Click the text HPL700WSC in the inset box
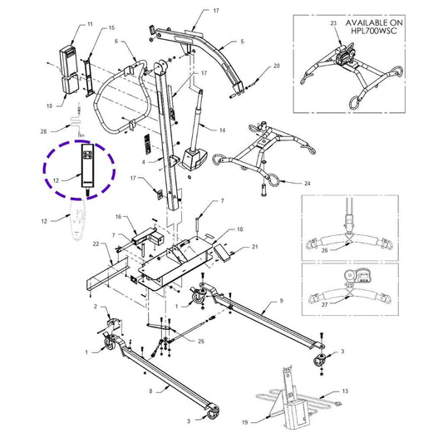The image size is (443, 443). tap(374, 31)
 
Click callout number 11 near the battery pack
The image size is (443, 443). tap(90, 24)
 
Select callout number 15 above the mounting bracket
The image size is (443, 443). tap(111, 27)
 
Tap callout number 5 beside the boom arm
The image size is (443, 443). tap(242, 42)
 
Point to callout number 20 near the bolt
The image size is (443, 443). tap(277, 66)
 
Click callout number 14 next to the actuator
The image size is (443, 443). tap(223, 130)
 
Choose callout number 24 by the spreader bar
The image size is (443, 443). tap(307, 184)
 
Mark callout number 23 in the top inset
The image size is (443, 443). tap(333, 23)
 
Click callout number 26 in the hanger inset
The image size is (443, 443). tap(325, 250)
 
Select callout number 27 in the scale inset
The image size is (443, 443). tap(325, 305)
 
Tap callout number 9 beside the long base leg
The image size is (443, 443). tap(281, 301)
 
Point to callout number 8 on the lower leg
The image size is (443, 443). tap(150, 391)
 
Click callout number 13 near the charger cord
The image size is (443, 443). tap(345, 391)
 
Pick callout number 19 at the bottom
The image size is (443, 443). tap(244, 422)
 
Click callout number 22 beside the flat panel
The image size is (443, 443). tap(96, 244)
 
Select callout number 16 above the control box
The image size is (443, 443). tap(118, 217)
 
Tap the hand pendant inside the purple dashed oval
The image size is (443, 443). tap(87, 166)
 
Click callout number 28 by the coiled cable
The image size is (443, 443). tap(43, 131)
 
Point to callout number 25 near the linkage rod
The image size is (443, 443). tap(201, 342)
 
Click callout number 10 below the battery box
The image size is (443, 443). tap(49, 106)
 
